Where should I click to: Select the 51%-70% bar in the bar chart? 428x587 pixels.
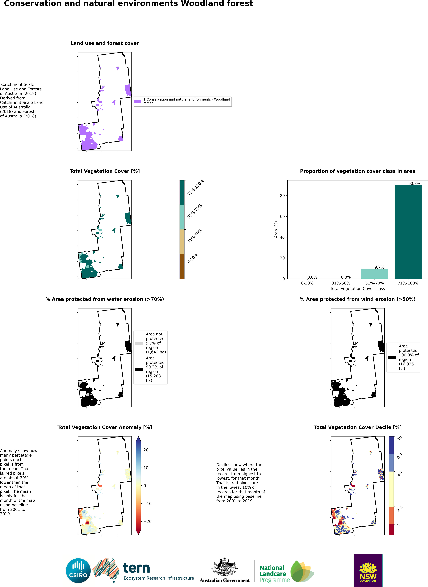[374, 274]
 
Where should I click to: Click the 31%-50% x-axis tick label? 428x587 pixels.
[341, 283]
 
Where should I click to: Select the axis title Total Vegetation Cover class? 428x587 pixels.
[358, 289]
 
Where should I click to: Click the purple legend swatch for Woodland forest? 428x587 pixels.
[138, 101]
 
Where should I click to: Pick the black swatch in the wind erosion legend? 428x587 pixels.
[392, 358]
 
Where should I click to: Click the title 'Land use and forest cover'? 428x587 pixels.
[105, 43]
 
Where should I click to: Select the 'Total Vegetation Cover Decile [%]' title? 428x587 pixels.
[358, 427]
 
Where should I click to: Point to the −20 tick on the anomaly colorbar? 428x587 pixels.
[148, 521]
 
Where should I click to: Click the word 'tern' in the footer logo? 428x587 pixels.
[136, 568]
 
